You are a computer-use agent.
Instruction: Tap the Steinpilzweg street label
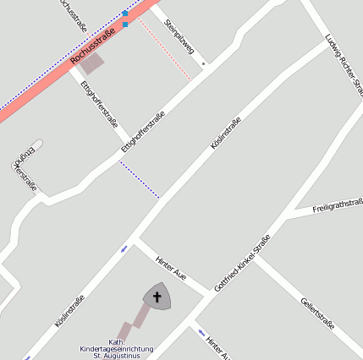pyautogui.click(x=179, y=36)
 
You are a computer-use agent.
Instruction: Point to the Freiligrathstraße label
pyautogui.click(x=337, y=205)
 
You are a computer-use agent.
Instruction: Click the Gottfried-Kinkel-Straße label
pyautogui.click(x=242, y=263)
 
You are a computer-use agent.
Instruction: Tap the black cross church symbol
pyautogui.click(x=157, y=297)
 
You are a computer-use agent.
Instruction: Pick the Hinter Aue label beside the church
pyautogui.click(x=171, y=267)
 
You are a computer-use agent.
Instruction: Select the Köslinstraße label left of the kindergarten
pyautogui.click(x=69, y=310)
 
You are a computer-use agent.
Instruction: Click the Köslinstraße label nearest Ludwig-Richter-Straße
pyautogui.click(x=225, y=134)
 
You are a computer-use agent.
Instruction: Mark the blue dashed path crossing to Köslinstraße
pyautogui.click(x=139, y=180)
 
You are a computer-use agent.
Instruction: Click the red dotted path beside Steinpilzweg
pyautogui.click(x=165, y=51)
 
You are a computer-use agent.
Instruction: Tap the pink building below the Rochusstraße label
pyautogui.click(x=91, y=63)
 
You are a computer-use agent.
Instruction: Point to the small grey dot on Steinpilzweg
pyautogui.click(x=204, y=63)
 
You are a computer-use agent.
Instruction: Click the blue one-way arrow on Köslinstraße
pyautogui.click(x=124, y=248)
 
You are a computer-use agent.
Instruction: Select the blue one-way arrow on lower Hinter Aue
pyautogui.click(x=201, y=333)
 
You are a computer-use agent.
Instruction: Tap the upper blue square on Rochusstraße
pyautogui.click(x=125, y=14)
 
